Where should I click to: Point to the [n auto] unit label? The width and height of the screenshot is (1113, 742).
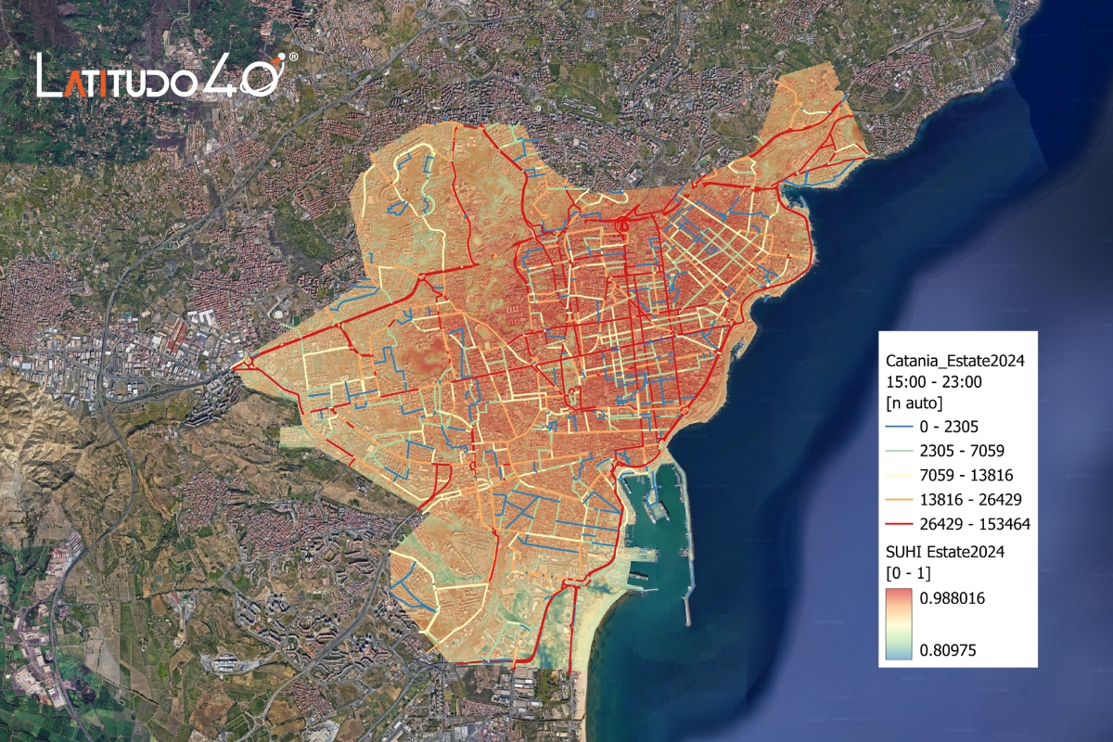tap(915, 403)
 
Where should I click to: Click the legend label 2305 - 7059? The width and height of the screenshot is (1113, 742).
tap(962, 452)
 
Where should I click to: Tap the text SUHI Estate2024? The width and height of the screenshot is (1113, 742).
tap(946, 551)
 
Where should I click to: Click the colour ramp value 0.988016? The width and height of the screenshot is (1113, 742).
tap(953, 598)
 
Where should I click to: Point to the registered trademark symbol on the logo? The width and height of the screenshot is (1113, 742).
tap(293, 58)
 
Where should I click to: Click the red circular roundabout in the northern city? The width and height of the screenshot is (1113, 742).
tap(622, 224)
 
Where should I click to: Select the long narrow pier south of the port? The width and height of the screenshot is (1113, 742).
tap(685, 595)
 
